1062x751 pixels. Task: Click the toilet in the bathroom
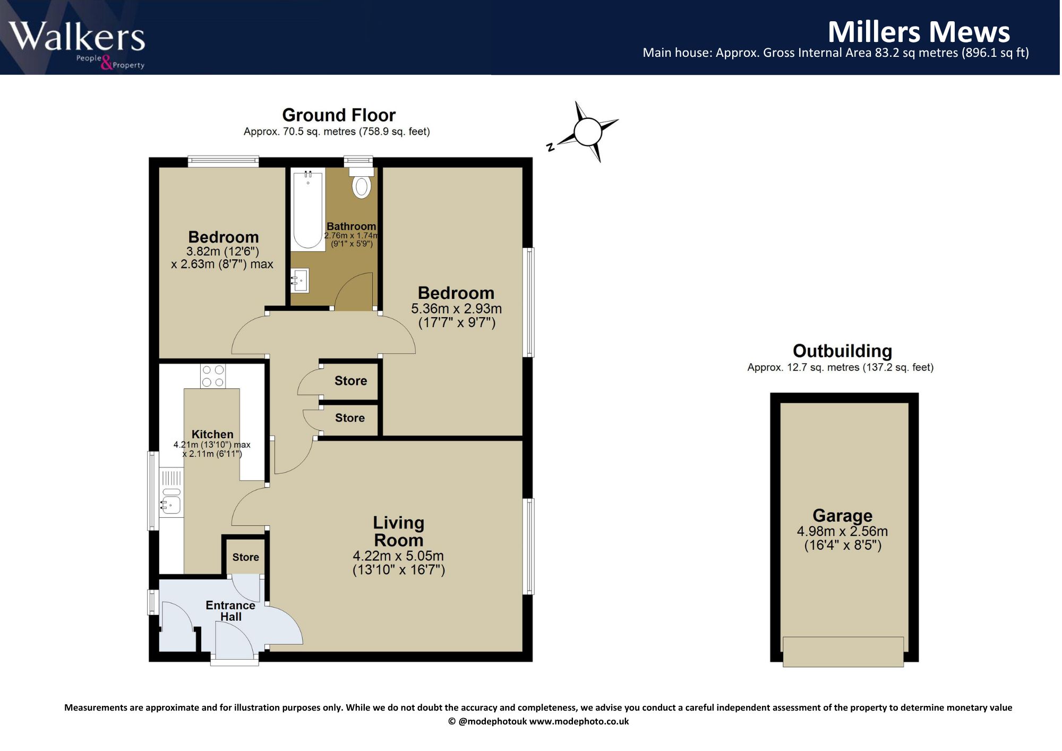tap(362, 183)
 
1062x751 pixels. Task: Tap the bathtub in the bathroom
tap(308, 209)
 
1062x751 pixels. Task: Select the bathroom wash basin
tap(300, 280)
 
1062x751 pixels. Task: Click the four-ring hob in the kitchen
tap(213, 376)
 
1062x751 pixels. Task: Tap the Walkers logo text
tap(77, 37)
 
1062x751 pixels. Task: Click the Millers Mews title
tap(919, 32)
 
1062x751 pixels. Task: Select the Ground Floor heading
tap(339, 115)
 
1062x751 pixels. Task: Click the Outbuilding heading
tap(842, 351)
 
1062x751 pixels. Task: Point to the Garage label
tap(842, 515)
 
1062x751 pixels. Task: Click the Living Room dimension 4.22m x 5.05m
tap(398, 556)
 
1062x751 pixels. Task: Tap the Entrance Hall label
tap(230, 611)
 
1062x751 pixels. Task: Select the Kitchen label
tap(212, 434)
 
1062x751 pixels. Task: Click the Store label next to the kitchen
tap(246, 557)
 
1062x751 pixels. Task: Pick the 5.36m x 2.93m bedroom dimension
tap(456, 309)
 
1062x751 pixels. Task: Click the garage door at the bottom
tap(843, 652)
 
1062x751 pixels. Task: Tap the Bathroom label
tap(351, 226)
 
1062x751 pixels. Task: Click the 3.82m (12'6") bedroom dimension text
tap(222, 251)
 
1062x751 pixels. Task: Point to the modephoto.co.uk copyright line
tap(538, 721)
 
